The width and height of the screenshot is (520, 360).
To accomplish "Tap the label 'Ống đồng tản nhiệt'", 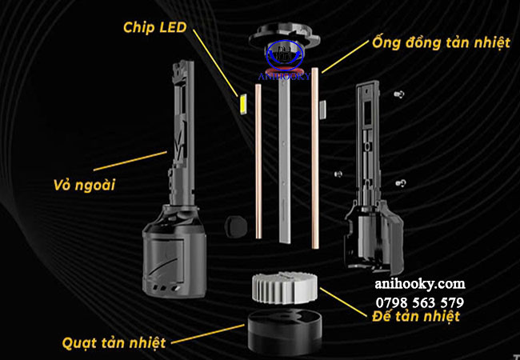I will coord(439,42).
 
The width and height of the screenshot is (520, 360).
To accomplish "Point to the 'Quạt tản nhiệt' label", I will coord(114,342).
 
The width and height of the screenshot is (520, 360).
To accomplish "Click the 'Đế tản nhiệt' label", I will coord(416,318).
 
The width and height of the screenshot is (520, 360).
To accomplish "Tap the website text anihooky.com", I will coord(419,284).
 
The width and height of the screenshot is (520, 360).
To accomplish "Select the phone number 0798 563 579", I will coord(418,302).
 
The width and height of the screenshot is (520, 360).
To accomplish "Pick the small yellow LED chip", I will coord(241,103).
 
